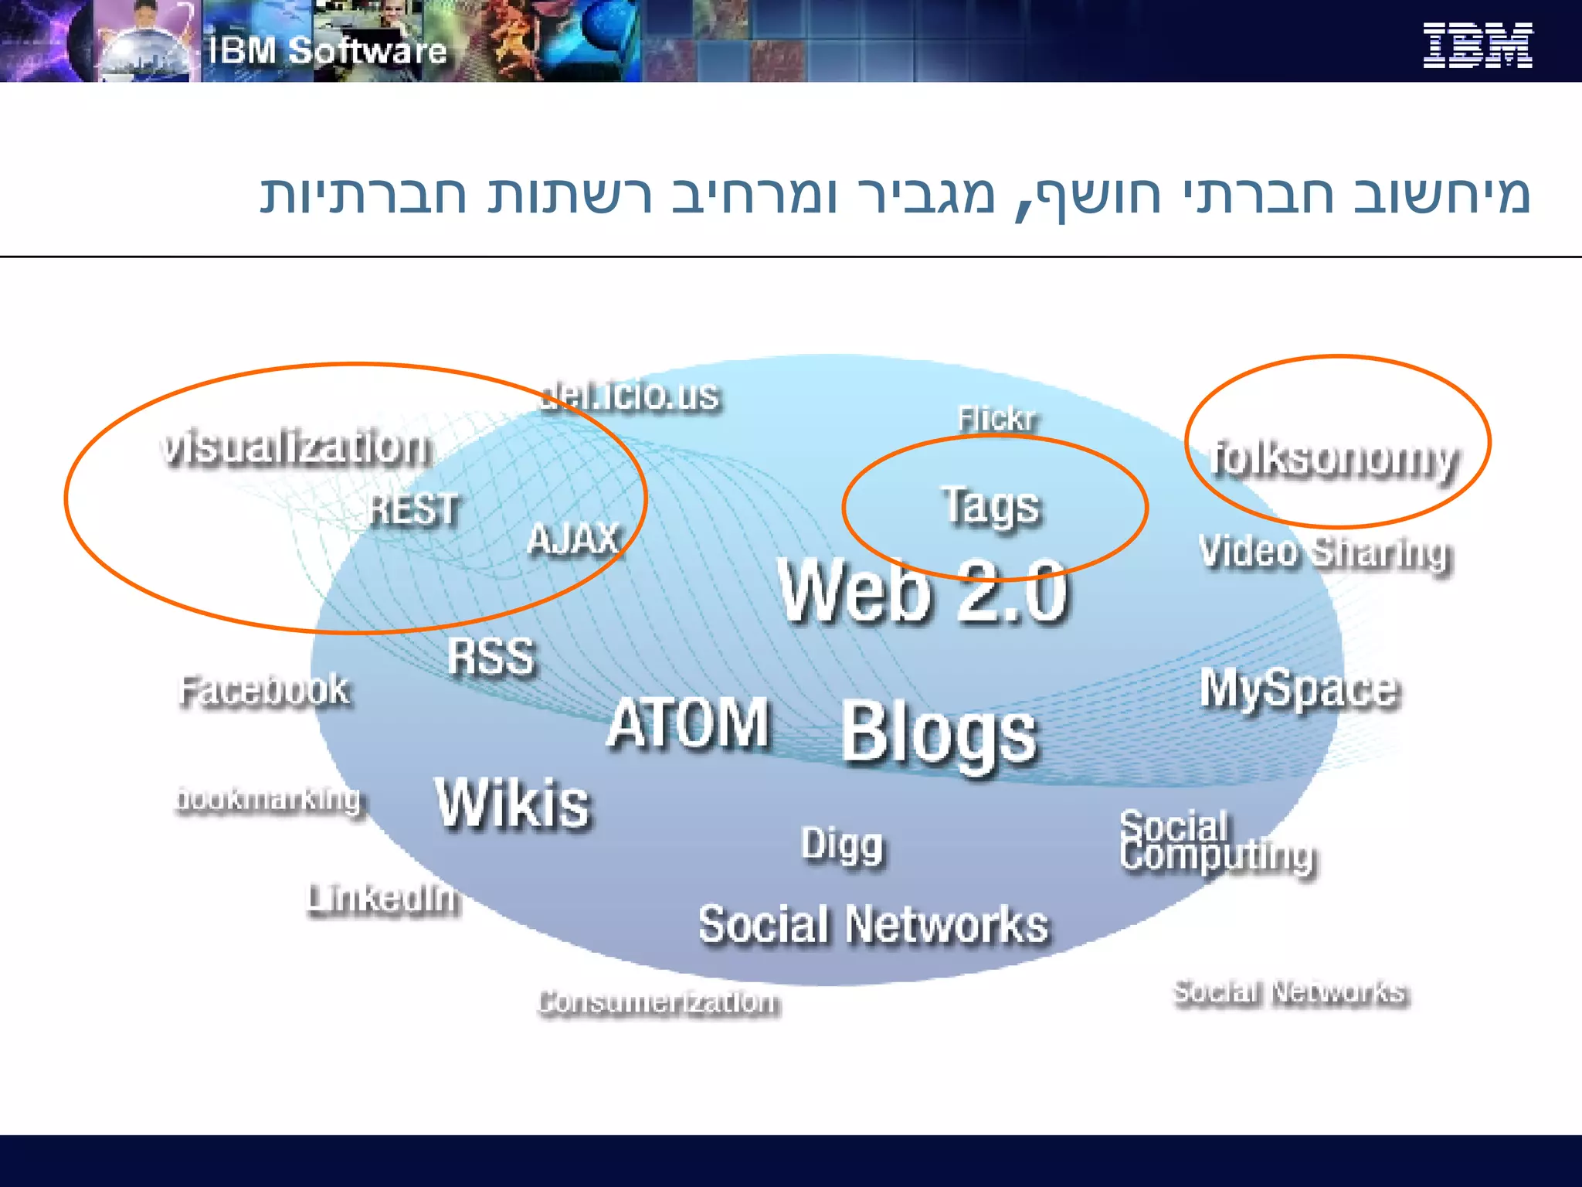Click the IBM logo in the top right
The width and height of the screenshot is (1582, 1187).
(x=1477, y=45)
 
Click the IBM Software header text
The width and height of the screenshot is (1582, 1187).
(x=328, y=51)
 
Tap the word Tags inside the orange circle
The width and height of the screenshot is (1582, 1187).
(x=991, y=506)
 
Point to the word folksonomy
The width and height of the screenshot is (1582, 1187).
(x=1335, y=459)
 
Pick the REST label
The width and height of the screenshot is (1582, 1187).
(x=414, y=509)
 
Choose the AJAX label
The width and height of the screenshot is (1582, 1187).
(x=575, y=539)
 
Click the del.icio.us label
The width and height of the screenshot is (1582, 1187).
(x=630, y=396)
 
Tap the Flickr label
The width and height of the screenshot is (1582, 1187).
(x=997, y=419)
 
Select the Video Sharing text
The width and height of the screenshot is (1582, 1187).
(x=1326, y=553)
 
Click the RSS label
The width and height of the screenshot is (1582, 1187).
(x=491, y=657)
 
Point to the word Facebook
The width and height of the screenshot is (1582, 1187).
(x=264, y=690)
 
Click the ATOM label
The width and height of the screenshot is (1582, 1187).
(x=688, y=723)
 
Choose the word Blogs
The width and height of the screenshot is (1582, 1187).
(x=939, y=733)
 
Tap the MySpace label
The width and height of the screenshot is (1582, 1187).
(x=1299, y=689)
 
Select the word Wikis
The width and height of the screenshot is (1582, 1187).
(x=513, y=804)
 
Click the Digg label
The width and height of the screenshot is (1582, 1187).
(x=842, y=845)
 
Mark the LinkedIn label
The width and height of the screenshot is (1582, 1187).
(x=383, y=899)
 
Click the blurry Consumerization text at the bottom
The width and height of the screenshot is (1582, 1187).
(x=659, y=1002)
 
